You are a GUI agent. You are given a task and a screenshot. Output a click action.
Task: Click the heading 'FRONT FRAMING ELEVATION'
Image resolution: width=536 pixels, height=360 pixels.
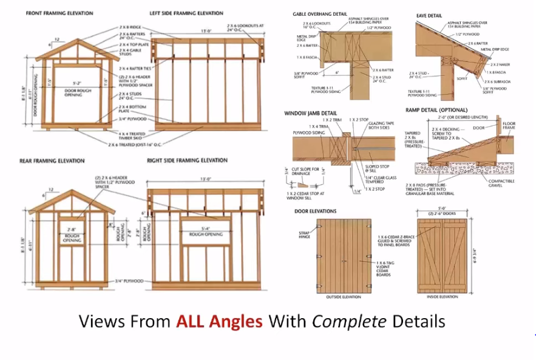point(59,13)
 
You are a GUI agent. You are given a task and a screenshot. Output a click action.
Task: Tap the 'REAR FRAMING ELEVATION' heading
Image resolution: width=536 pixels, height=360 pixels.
point(55,161)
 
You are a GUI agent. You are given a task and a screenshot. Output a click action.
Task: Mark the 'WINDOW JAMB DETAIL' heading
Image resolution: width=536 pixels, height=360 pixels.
point(311,113)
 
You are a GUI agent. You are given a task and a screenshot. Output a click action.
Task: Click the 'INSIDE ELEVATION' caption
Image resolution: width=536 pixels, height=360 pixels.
point(440,297)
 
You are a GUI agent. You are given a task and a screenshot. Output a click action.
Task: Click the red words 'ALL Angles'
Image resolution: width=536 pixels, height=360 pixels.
point(219,321)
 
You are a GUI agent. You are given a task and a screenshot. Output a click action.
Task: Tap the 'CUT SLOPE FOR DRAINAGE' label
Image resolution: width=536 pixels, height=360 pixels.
point(305,172)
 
